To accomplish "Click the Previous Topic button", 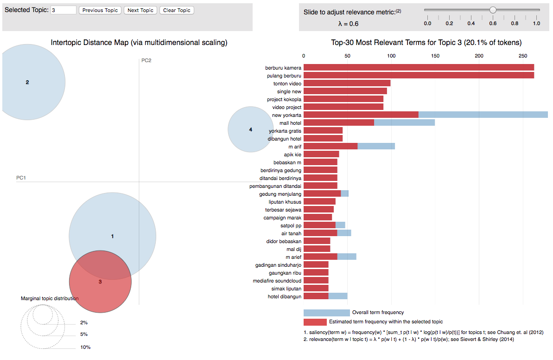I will pos(100,10).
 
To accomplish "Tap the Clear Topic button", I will pos(177,10).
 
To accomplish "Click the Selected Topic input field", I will pos(63,10).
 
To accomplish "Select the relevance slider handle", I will pos(493,10).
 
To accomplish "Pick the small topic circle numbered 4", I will pos(250,130).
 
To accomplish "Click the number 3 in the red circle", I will pos(100,282).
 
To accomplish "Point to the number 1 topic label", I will pos(112,237).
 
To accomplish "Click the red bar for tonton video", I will pos(347,84).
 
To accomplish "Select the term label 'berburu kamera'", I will pos(283,68).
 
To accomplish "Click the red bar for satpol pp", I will pos(319,225).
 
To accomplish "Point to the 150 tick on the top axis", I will pos(435,56).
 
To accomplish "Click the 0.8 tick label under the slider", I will pos(515,23).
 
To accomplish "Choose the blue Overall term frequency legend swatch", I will pos(326,313).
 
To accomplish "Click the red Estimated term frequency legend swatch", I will pos(315,322).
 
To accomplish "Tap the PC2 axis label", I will pos(146,61).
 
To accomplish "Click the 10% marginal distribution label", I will pos(85,347).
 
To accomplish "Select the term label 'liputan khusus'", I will pos(285,202).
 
